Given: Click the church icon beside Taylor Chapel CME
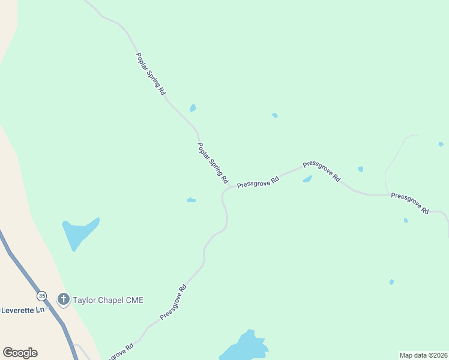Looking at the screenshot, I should coord(64,299).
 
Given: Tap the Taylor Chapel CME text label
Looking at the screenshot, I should coord(108,300).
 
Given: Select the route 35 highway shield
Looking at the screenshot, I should coord(41,296).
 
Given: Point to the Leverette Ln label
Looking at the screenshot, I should coord(22,310).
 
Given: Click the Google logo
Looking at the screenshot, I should coord(20,353).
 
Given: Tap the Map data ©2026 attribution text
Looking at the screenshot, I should coord(423,355).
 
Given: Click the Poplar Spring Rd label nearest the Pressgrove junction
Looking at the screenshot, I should coord(213,163).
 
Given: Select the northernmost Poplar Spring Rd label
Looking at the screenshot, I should coord(151,74).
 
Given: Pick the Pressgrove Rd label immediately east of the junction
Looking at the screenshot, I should coord(258,182).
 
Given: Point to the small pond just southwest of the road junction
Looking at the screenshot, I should coord(191,200).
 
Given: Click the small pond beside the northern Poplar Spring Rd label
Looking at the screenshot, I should coord(193,108).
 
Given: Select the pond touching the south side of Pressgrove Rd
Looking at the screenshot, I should coord(307,179).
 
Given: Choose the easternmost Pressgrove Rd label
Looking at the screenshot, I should coord(410,203).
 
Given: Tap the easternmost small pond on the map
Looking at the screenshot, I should coord(441,144).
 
